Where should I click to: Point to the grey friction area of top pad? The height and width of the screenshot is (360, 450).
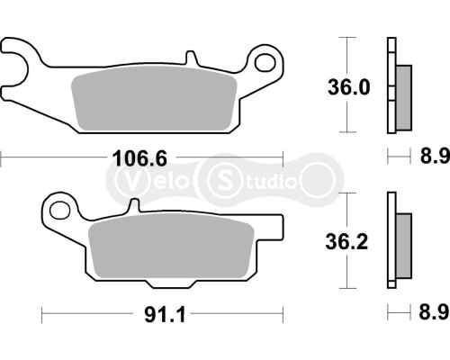pyautogui.click(x=153, y=101)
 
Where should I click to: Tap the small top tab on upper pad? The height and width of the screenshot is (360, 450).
pyautogui.click(x=189, y=58)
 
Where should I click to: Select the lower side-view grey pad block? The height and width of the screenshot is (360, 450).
pyautogui.click(x=402, y=242)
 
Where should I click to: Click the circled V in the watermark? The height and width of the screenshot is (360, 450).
pyautogui.click(x=125, y=179)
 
